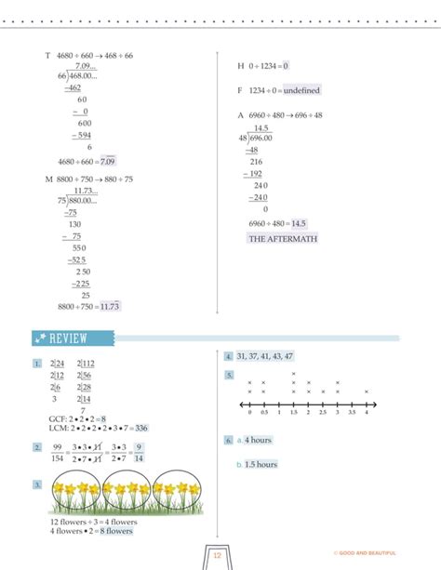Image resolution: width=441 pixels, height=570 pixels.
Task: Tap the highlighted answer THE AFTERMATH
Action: [283, 239]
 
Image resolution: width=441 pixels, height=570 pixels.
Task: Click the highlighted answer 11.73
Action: [110, 306]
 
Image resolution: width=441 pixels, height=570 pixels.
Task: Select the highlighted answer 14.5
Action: [298, 224]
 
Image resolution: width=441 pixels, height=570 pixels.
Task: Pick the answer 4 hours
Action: [259, 440]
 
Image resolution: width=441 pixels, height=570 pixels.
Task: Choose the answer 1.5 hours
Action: [261, 464]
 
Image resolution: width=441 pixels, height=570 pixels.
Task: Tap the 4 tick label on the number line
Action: [367, 412]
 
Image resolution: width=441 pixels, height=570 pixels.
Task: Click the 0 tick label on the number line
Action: [250, 412]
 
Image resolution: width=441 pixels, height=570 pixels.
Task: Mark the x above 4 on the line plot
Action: [367, 391]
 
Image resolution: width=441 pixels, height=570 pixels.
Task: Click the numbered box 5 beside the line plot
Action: [228, 376]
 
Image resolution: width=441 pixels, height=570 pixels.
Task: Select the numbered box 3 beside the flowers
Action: [36, 484]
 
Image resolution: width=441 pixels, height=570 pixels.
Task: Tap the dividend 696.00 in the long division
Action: [261, 137]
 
